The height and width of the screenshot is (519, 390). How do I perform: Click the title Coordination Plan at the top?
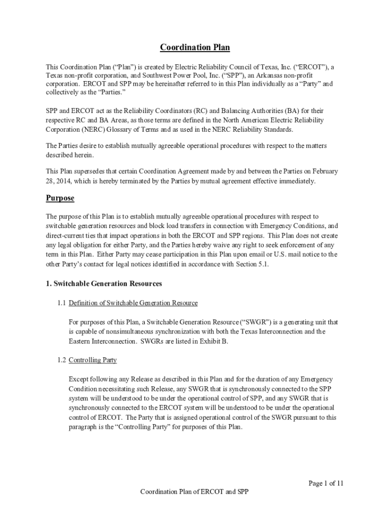[x=195, y=48]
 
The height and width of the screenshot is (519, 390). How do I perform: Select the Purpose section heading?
[x=60, y=198]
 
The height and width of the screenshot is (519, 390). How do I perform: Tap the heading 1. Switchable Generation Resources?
[x=104, y=284]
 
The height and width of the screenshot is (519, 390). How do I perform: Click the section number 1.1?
[x=61, y=303]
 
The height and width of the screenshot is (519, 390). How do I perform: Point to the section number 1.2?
[x=61, y=360]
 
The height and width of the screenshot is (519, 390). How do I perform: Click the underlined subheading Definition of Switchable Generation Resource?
[x=133, y=303]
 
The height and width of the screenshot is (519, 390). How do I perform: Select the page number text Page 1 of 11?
[x=326, y=483]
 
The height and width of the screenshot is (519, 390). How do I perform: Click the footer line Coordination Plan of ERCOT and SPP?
[x=195, y=492]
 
